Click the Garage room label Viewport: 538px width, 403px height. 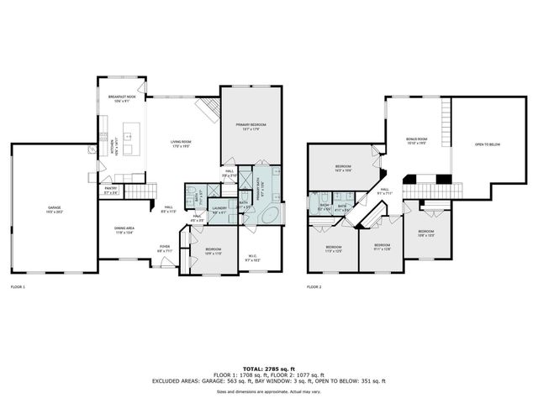coord(54,209)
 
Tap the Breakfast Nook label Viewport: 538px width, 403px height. coord(122,100)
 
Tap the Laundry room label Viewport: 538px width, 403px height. coord(219,210)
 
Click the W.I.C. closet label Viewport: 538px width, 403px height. coord(252,259)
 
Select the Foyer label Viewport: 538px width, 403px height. coord(165,249)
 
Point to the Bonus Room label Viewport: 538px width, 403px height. coord(416,141)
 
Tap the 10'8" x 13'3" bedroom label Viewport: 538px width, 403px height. coord(426,233)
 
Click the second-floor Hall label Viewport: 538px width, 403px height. coord(384,191)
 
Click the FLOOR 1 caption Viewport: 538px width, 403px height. coord(18,287)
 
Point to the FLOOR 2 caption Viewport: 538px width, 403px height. coord(314,287)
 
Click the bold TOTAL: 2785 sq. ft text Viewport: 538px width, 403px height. coord(269,368)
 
